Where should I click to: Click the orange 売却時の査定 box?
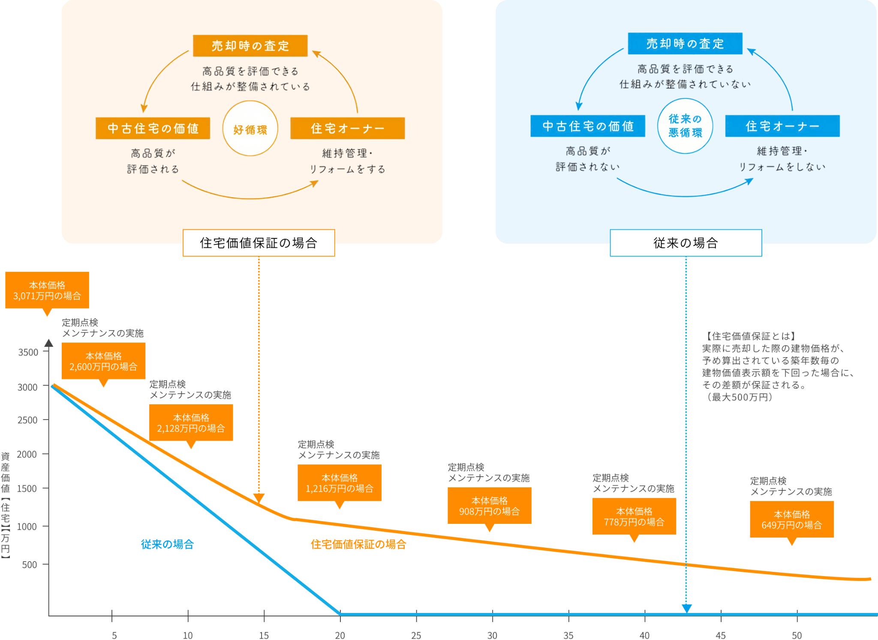pos(250,45)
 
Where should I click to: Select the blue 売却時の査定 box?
pos(685,43)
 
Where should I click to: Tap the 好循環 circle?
pos(250,128)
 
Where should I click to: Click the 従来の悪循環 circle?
pos(685,126)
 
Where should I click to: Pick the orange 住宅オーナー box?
pos(347,128)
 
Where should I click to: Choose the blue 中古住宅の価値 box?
pos(588,126)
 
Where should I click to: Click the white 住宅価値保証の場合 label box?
pos(259,243)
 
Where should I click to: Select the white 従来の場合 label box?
pos(686,243)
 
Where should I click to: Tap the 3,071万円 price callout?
pos(47,291)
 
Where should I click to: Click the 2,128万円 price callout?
pos(191,423)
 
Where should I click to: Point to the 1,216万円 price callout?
pos(340,483)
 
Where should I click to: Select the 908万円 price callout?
pos(490,506)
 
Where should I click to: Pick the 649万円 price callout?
pos(792,520)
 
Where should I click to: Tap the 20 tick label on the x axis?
pos(340,635)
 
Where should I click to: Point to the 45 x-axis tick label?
pos(721,635)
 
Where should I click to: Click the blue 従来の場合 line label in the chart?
pos(167,544)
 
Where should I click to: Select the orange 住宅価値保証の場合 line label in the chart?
pos(358,544)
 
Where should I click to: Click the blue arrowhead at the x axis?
pos(686,608)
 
